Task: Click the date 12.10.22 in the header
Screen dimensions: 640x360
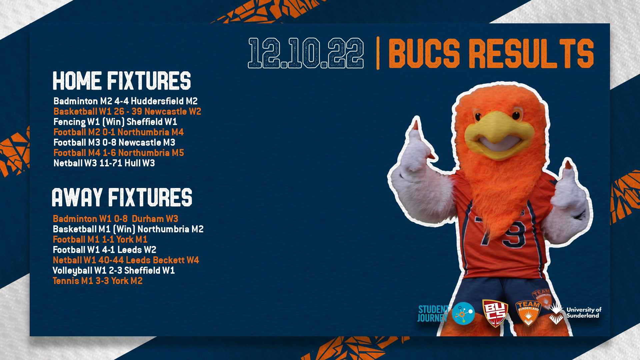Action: [x=306, y=53]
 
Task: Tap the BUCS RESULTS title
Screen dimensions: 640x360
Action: [x=491, y=53]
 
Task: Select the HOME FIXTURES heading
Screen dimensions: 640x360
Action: [x=122, y=81]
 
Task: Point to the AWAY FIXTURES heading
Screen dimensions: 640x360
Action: [x=122, y=197]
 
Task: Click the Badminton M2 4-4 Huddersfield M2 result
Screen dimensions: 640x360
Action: [x=125, y=101]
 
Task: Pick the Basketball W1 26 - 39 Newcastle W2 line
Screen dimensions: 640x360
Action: [x=127, y=111]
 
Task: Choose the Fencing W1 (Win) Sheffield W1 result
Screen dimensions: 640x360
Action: [x=115, y=122]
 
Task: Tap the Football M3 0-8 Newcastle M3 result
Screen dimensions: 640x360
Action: [x=114, y=142]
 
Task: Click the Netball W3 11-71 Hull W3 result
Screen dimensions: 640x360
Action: [x=104, y=163]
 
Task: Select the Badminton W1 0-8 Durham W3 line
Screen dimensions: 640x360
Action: [x=115, y=219]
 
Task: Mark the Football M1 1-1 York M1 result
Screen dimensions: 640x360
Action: [x=100, y=239]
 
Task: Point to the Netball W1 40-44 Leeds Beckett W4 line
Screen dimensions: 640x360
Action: [x=126, y=260]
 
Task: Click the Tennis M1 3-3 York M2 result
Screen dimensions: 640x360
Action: [x=97, y=281]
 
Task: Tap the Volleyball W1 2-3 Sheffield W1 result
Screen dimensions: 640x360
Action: [x=114, y=270]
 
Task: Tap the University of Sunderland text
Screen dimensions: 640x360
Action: [x=584, y=313]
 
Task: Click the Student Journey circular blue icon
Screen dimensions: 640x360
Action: [x=463, y=313]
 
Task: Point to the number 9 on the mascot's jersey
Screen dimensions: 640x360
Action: [x=515, y=233]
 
